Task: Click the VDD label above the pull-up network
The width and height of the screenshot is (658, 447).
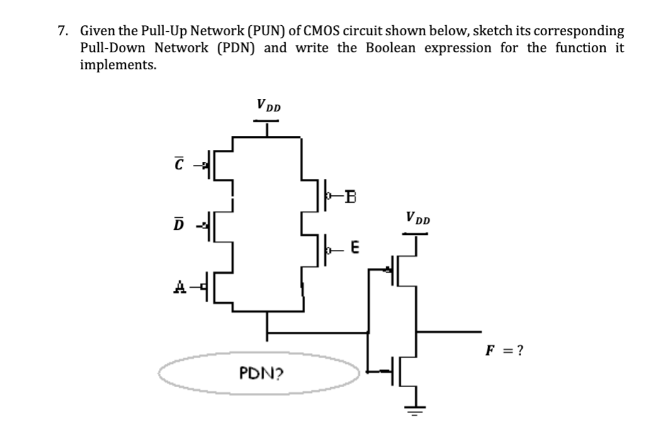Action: [x=269, y=105]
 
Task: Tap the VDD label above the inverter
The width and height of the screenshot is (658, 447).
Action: [x=418, y=219]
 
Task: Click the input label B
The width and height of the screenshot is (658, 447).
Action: [x=351, y=196]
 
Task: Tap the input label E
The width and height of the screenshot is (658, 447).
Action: [x=354, y=249]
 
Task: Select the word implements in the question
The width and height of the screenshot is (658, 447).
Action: [x=118, y=65]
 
